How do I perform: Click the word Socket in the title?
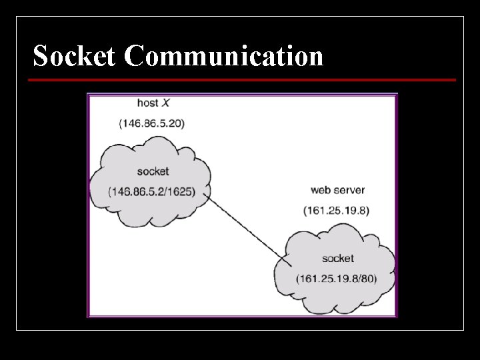coord(74,55)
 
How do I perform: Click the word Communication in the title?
coord(224,55)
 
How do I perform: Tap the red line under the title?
coord(242,80)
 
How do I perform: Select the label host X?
coord(153,103)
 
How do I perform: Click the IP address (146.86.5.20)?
coord(152,123)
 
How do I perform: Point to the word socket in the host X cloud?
coord(153,171)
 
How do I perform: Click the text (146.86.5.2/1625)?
coord(152,191)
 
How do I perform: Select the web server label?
coord(337,190)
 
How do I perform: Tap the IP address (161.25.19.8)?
coord(337,211)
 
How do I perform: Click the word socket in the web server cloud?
coord(338,259)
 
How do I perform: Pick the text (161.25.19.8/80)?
coord(337,279)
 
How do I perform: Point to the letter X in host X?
coord(165,103)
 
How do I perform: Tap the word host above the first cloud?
coord(147,103)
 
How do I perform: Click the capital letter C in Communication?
coord(134,55)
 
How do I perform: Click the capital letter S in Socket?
coord(40,55)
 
